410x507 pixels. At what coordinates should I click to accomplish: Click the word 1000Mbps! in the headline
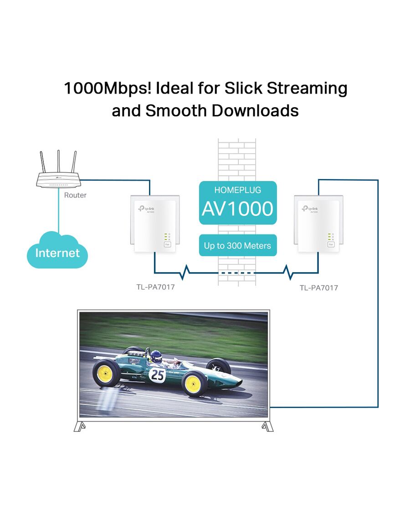point(108,88)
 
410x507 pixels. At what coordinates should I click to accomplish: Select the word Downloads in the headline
point(255,111)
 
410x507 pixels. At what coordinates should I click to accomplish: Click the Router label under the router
point(75,195)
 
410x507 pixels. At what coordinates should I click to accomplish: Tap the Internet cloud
point(57,250)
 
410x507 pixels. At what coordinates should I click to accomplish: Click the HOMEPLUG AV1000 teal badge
point(238,203)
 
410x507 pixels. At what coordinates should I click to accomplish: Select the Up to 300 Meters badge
point(238,245)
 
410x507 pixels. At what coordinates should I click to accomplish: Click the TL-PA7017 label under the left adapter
point(155,287)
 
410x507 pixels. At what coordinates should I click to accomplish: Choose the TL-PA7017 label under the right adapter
point(319,288)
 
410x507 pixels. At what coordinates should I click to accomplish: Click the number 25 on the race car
point(158,375)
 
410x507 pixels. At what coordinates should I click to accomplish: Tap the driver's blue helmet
point(156,356)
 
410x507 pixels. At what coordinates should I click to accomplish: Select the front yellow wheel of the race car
point(194,384)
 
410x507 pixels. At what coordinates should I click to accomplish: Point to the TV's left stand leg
point(79,426)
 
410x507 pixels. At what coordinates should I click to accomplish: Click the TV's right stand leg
point(267,426)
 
